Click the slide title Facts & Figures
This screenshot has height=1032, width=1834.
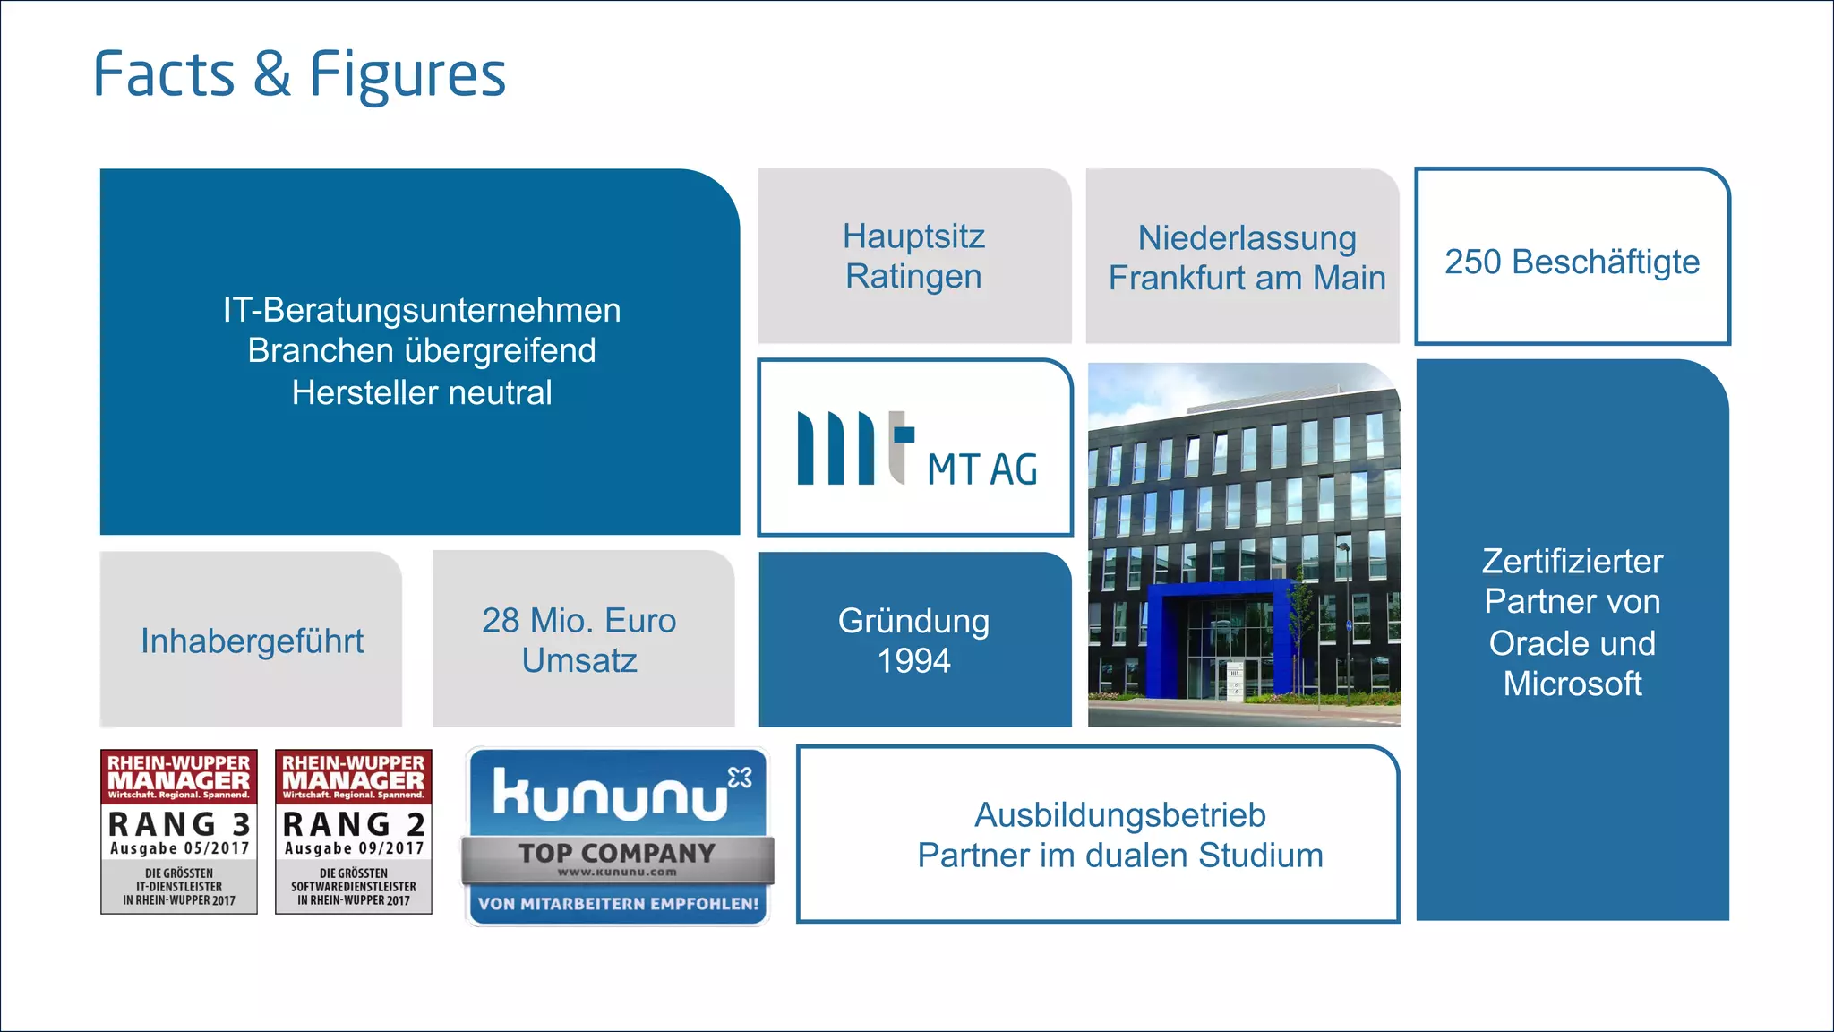point(299,74)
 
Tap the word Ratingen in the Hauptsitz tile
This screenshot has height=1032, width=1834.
point(913,277)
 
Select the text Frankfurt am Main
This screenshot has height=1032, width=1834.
point(1247,279)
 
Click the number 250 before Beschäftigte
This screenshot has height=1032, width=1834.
point(1471,262)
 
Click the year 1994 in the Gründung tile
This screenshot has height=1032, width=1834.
point(913,661)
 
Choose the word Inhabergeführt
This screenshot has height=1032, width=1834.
point(252,641)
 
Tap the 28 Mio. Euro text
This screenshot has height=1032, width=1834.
point(578,621)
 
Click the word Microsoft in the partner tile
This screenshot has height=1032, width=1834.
point(1572,684)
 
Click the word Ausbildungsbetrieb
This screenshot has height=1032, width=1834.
point(1119,815)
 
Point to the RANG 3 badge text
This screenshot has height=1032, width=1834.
point(179,823)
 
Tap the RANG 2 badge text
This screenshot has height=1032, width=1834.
point(354,823)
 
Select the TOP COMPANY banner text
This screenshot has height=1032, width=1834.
point(617,853)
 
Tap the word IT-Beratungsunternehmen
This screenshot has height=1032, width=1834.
point(422,311)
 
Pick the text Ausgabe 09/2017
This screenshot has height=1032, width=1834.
point(354,848)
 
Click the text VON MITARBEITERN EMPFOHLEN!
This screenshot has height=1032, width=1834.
point(618,904)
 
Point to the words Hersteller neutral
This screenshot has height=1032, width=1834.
point(422,393)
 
